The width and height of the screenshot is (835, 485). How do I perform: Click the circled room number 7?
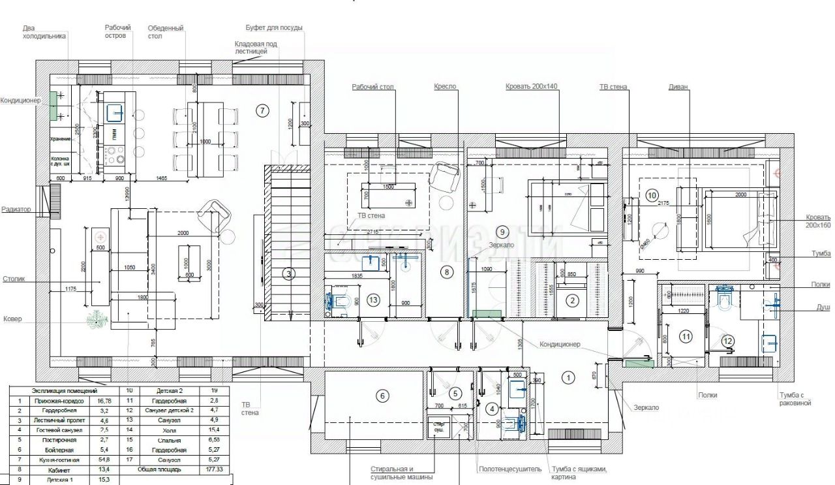pyautogui.click(x=262, y=110)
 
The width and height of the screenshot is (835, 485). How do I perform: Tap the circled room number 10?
pyautogui.click(x=652, y=195)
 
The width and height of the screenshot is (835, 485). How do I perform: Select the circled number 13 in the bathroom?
pyautogui.click(x=373, y=300)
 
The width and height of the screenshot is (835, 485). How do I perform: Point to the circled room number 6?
pyautogui.click(x=384, y=395)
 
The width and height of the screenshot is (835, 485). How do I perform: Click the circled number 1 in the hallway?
pyautogui.click(x=568, y=377)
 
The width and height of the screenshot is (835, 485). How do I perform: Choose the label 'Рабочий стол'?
pyautogui.click(x=373, y=87)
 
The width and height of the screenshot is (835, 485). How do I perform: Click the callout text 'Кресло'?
pyautogui.click(x=446, y=87)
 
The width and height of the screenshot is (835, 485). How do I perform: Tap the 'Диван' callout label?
pyautogui.click(x=679, y=87)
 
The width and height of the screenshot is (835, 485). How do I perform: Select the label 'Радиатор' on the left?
pyautogui.click(x=16, y=210)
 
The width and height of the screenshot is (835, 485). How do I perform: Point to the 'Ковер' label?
pyautogui.click(x=11, y=319)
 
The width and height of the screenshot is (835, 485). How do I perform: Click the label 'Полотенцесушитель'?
pyautogui.click(x=509, y=469)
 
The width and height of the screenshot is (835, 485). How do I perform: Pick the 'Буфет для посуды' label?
pyautogui.click(x=274, y=27)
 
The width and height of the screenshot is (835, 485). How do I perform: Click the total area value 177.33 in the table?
pyautogui.click(x=205, y=469)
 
